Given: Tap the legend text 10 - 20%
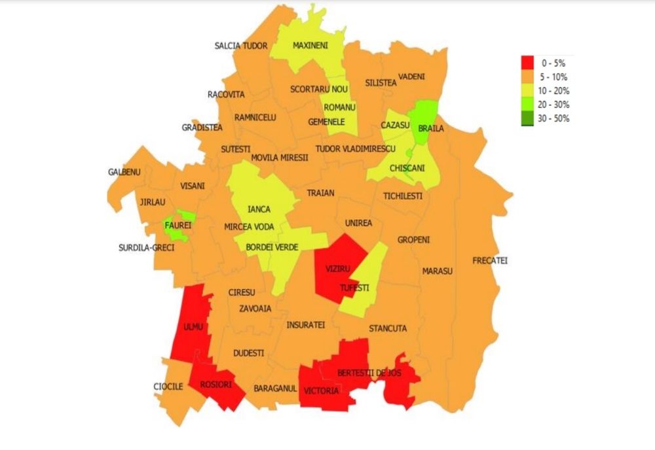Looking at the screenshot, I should click(x=555, y=91).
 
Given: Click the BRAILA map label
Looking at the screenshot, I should click(x=430, y=128).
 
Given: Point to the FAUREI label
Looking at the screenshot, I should click(x=178, y=225).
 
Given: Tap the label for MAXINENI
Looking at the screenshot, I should click(x=310, y=46).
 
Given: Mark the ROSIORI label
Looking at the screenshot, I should click(x=215, y=385).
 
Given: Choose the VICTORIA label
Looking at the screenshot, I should click(x=322, y=391).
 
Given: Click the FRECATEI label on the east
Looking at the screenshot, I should click(x=490, y=260).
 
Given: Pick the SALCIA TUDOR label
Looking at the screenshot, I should click(x=241, y=46).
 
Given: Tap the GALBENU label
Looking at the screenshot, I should click(x=124, y=172).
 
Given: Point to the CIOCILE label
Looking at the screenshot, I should click(x=168, y=387).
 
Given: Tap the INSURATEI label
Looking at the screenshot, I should click(x=305, y=324).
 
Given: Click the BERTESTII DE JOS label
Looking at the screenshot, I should click(x=369, y=373).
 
